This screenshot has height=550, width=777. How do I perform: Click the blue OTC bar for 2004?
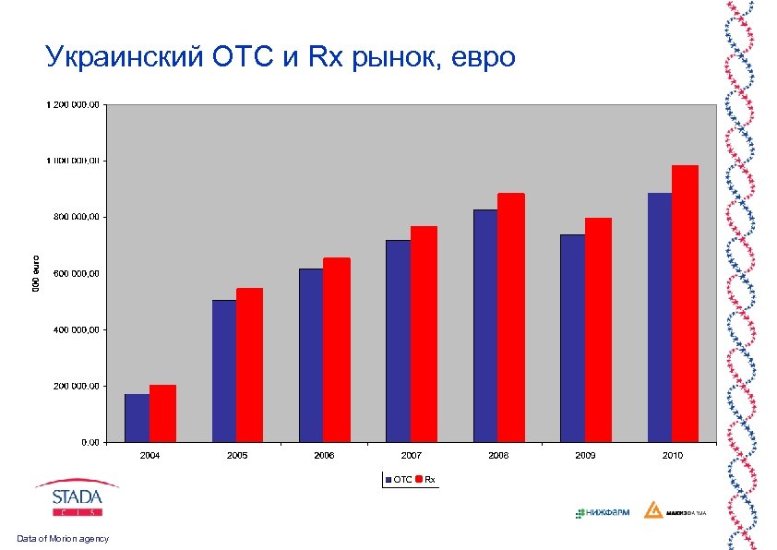(137, 418)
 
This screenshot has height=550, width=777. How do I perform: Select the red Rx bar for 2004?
(162, 413)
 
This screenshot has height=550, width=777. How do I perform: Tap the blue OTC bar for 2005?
(224, 370)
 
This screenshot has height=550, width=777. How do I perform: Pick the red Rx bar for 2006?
(337, 350)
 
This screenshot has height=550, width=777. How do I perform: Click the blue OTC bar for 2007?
(398, 341)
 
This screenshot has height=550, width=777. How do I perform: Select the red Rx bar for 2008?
(510, 317)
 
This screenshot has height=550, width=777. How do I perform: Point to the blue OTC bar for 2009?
(572, 338)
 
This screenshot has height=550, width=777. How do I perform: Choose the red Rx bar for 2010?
(685, 304)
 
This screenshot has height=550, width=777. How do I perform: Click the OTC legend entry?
(399, 479)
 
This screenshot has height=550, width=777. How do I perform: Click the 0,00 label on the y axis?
(90, 442)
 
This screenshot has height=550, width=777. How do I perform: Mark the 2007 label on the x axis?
(411, 456)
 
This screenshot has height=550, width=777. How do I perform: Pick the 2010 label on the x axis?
(672, 456)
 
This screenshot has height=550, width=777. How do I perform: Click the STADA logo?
(77, 498)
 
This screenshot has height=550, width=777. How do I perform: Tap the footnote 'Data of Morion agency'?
(62, 538)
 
